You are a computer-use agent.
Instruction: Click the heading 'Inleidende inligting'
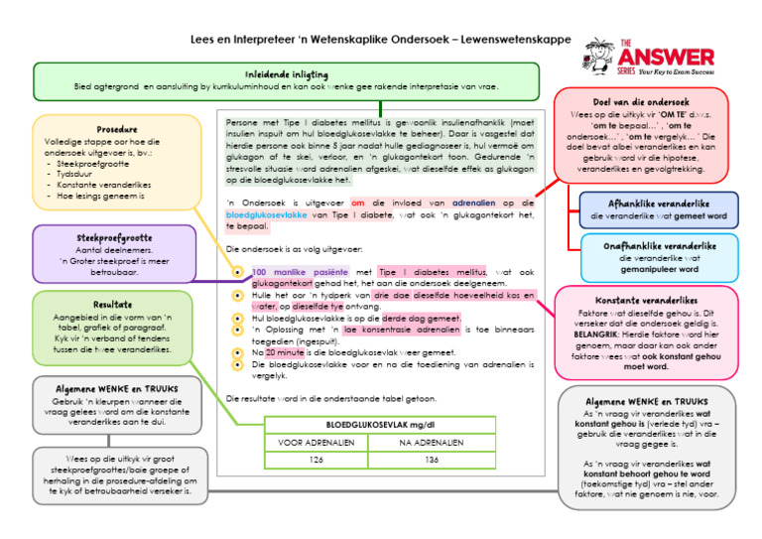[x=286, y=74]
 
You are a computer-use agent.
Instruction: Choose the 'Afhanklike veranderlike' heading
[x=659, y=203]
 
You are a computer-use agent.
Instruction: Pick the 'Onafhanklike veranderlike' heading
[x=660, y=245]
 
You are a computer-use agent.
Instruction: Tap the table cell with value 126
[x=317, y=460]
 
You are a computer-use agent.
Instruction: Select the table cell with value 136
[x=432, y=460]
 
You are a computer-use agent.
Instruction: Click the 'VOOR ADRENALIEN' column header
[x=317, y=442]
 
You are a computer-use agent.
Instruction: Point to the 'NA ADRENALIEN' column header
[x=432, y=442]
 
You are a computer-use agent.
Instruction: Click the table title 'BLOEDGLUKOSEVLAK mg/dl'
[x=374, y=424]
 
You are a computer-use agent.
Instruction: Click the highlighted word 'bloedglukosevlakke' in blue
[x=267, y=213]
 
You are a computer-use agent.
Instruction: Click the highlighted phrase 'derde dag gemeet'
[x=422, y=319]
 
